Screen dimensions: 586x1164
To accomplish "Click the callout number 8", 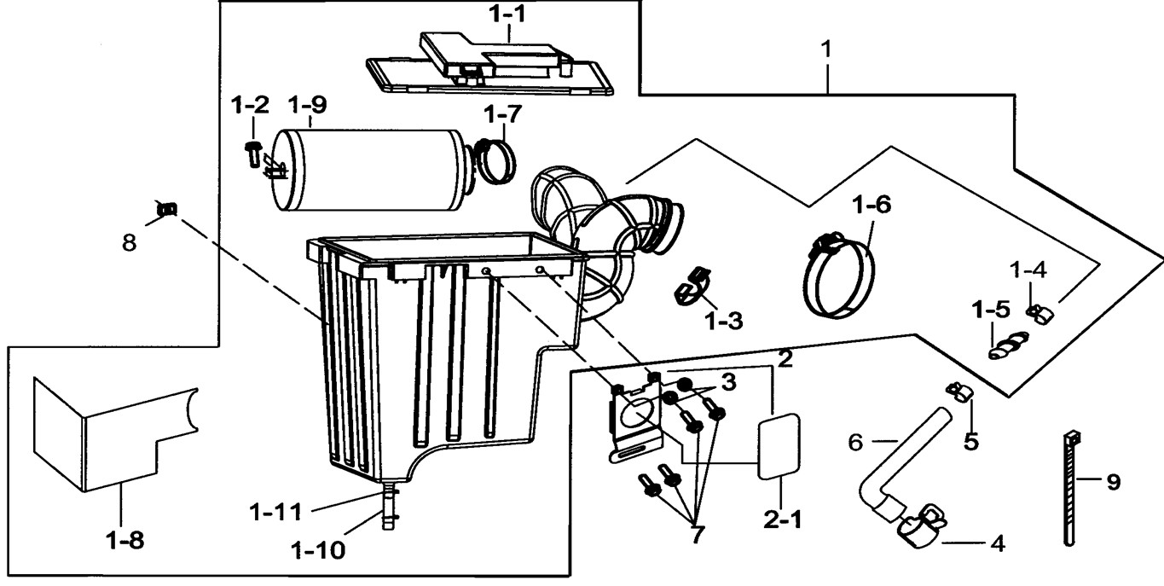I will tap(128, 243).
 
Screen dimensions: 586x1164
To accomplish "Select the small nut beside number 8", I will tap(167, 207).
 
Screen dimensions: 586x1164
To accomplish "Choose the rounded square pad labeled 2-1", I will tap(779, 443).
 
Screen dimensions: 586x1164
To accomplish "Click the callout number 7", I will tap(698, 535).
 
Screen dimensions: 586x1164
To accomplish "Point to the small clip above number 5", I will tap(959, 392).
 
